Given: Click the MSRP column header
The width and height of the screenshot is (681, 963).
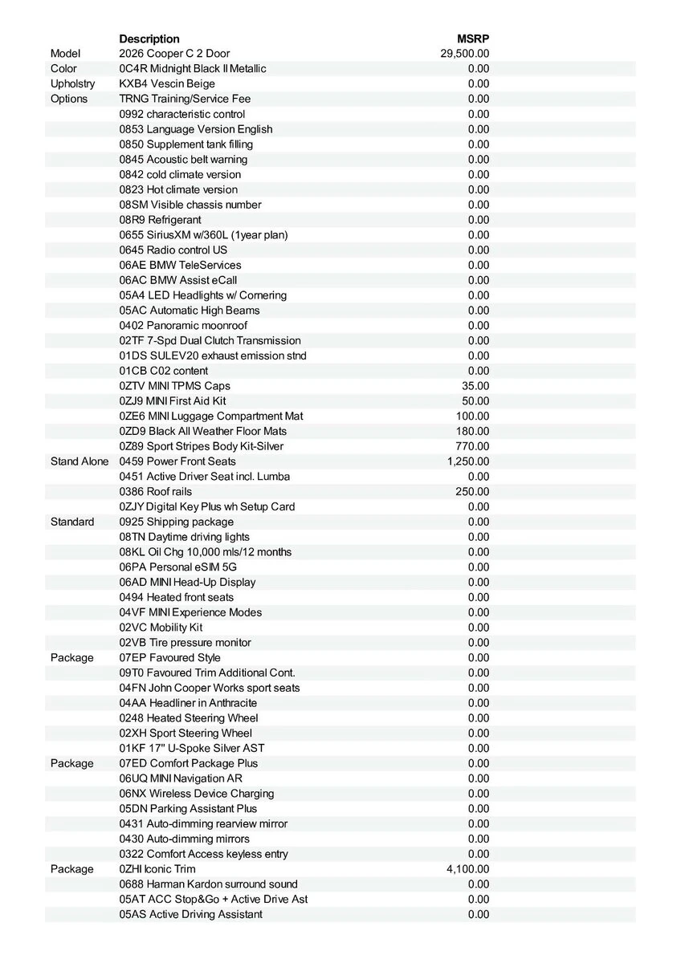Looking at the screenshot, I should pos(473,39).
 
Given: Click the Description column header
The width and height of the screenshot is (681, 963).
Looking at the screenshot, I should pos(149,39).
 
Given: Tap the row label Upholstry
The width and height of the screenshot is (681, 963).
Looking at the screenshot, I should pos(72,83).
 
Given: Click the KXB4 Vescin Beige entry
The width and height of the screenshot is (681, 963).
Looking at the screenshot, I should pos(167,83).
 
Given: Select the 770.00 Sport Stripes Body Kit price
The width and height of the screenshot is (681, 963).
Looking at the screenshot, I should pos(473,446).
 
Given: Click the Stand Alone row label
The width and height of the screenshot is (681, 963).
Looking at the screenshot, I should pos(80,461).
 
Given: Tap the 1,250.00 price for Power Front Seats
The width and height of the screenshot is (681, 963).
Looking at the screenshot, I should pos(468,461).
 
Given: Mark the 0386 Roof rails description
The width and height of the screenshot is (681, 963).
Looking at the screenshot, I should pos(156,491).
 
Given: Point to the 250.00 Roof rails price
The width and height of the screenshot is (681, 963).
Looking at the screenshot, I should pos(473,491).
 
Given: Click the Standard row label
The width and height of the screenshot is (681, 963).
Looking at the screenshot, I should pos(72,522).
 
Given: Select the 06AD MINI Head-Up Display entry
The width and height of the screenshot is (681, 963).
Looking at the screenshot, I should pos(188,582).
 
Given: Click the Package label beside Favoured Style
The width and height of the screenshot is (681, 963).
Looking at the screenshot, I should pos(72,657).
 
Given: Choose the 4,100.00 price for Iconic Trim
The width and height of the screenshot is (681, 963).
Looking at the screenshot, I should pos(468,869).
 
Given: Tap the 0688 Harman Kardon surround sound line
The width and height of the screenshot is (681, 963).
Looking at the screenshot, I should pos(209,884).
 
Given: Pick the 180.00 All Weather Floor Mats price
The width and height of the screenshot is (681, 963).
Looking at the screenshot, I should pos(473,431).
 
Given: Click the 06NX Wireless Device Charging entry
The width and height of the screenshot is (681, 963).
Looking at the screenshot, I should pos(197,794).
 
